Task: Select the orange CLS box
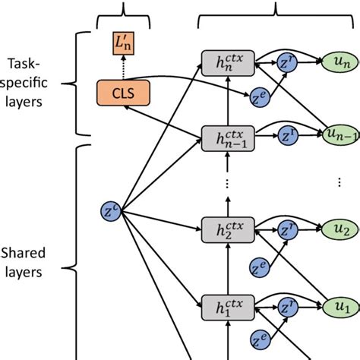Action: [x=123, y=93]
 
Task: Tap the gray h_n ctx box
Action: [x=227, y=63]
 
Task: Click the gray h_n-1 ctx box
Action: [x=227, y=137]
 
